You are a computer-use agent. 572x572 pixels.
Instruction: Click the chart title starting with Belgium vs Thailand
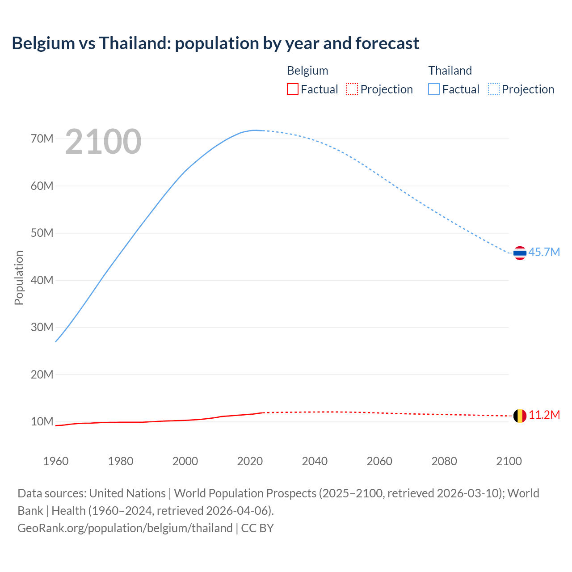pyautogui.click(x=215, y=43)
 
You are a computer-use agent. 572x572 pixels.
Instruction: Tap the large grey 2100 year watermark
pyautogui.click(x=103, y=142)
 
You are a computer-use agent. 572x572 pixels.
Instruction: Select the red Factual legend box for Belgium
pyautogui.click(x=292, y=89)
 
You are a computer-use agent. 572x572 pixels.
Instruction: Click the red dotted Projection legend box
pyautogui.click(x=352, y=89)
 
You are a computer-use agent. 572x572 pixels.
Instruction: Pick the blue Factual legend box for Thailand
pyautogui.click(x=433, y=89)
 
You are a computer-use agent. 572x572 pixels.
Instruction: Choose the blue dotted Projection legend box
pyautogui.click(x=493, y=89)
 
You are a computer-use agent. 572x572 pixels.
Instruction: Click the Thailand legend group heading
pyautogui.click(x=450, y=71)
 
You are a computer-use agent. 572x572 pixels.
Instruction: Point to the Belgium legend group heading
pyautogui.click(x=307, y=71)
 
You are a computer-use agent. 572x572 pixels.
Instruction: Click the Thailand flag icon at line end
pyautogui.click(x=520, y=253)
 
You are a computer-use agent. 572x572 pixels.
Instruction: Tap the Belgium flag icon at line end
pyautogui.click(x=520, y=416)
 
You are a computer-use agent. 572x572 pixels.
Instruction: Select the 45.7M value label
pyautogui.click(x=544, y=252)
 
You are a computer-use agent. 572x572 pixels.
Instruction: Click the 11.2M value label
pyautogui.click(x=544, y=415)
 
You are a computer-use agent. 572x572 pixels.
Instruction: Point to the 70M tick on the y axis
pyautogui.click(x=42, y=139)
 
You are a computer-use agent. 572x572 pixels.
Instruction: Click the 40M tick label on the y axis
pyautogui.click(x=42, y=280)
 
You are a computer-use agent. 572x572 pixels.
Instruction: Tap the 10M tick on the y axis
pyautogui.click(x=42, y=421)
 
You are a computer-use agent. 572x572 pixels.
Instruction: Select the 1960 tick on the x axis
pyautogui.click(x=56, y=461)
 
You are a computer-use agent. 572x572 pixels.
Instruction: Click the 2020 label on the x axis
pyautogui.click(x=250, y=461)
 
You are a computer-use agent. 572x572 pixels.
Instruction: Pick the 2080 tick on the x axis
pyautogui.click(x=444, y=461)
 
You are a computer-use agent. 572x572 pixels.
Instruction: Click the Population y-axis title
pyautogui.click(x=19, y=278)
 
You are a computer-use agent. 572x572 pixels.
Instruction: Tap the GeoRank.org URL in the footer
pyautogui.click(x=125, y=528)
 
